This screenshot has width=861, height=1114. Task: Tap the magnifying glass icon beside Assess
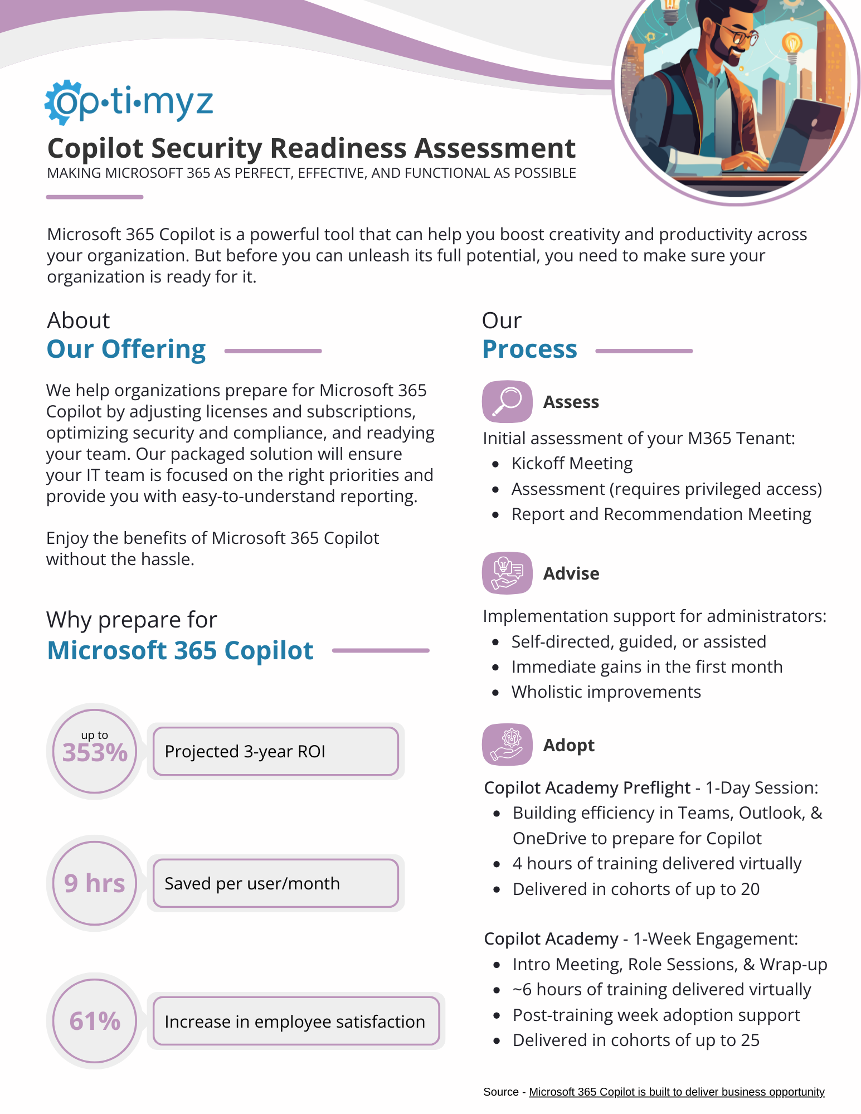point(507,401)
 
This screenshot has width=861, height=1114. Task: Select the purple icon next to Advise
point(507,573)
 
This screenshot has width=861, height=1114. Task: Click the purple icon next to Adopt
point(507,745)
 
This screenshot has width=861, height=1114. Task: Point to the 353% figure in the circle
point(95,752)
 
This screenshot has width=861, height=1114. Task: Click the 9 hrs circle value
point(95,883)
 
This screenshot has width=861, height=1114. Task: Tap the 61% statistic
point(95,1021)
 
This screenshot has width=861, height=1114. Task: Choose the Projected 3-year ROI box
point(275,751)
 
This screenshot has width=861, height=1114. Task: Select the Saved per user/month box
point(275,883)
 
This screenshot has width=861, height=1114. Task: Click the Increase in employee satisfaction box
point(295,1021)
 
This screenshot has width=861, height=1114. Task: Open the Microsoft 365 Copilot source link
point(676,1092)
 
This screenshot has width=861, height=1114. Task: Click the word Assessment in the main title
point(495,148)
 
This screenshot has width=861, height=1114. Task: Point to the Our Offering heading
point(127,349)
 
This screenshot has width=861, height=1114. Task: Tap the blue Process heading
point(529,349)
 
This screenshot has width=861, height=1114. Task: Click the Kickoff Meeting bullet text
point(572,464)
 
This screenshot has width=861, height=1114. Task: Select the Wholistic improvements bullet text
point(606,692)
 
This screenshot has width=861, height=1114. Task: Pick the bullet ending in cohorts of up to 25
point(636,1040)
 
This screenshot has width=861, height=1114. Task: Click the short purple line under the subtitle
point(95,197)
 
